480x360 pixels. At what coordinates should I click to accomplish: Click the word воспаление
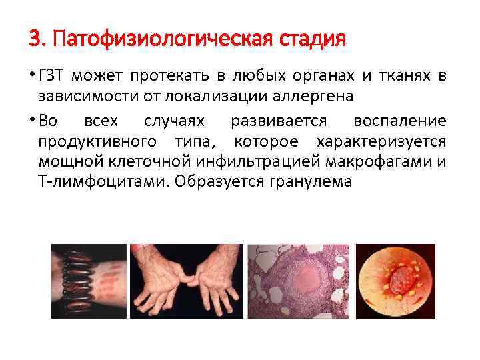pyautogui.click(x=399, y=122)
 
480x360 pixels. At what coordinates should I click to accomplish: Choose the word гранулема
pyautogui.click(x=317, y=181)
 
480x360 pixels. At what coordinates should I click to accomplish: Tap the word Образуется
pyautogui.click(x=209, y=181)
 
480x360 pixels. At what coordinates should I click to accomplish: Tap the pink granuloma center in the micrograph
pyautogui.click(x=304, y=274)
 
